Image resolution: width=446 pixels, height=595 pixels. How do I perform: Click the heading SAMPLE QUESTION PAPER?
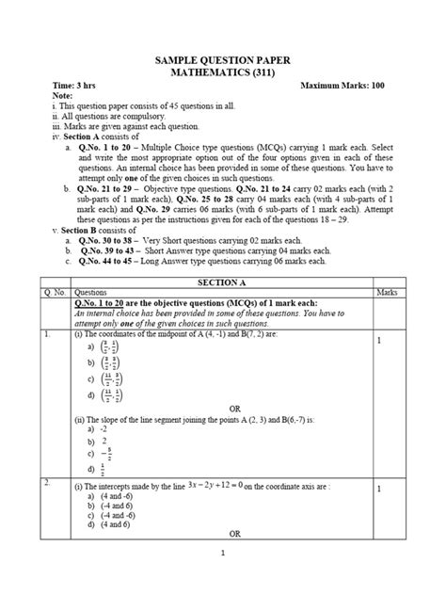point(222,60)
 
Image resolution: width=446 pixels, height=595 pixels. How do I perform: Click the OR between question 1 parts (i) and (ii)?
point(222,407)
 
